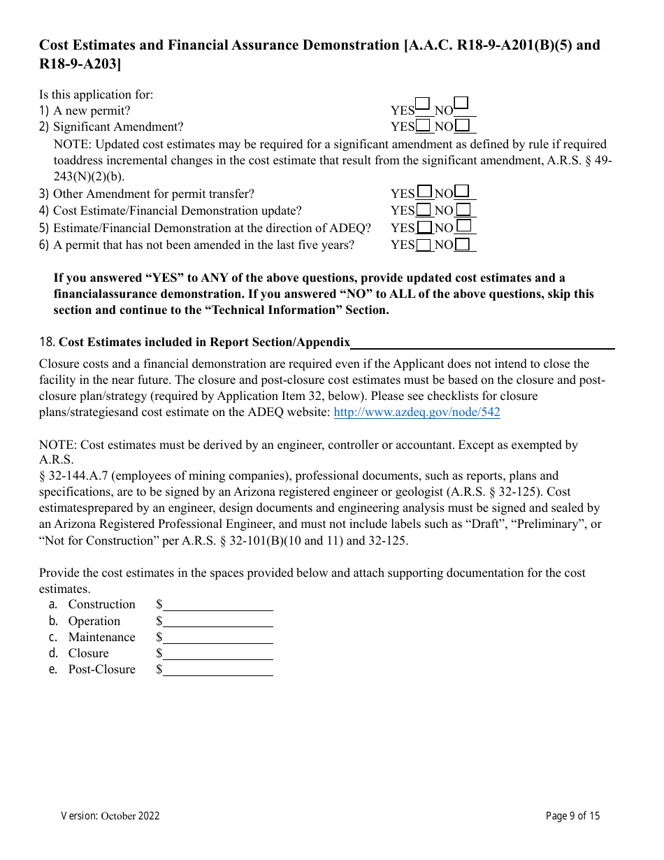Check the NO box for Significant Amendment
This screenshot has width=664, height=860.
[x=462, y=126]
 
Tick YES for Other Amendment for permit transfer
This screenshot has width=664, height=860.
[x=424, y=192]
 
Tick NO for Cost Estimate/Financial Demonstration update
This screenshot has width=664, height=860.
[x=463, y=210]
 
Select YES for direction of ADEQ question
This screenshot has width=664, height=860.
[x=424, y=227]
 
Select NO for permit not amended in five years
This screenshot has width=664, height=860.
[x=462, y=245]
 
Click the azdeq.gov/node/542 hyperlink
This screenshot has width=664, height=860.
[x=417, y=412]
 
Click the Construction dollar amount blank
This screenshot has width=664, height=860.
[x=217, y=605]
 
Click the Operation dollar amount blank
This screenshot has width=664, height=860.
[x=217, y=622]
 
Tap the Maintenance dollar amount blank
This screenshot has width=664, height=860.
[x=217, y=638]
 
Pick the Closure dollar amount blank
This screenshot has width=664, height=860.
[x=217, y=654]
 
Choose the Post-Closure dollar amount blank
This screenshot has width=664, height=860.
[x=217, y=670]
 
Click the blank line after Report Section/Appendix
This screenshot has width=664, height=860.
[x=482, y=343]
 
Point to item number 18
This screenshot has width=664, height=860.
[x=47, y=342]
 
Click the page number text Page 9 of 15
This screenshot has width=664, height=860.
[x=572, y=816]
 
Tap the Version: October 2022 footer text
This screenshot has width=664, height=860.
[x=110, y=816]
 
